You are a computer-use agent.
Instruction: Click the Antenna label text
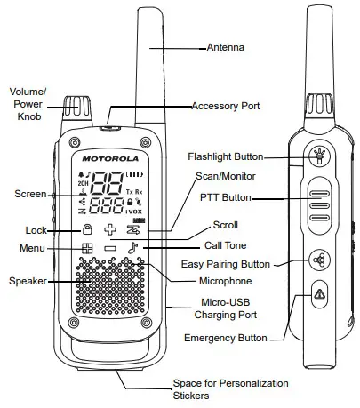(x=226, y=45)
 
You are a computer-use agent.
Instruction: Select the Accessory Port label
(x=226, y=106)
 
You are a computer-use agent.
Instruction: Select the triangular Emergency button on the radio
(x=317, y=294)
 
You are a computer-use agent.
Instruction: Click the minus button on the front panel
(x=110, y=249)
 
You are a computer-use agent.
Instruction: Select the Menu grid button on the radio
(x=87, y=249)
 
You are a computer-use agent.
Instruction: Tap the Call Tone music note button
(x=134, y=249)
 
